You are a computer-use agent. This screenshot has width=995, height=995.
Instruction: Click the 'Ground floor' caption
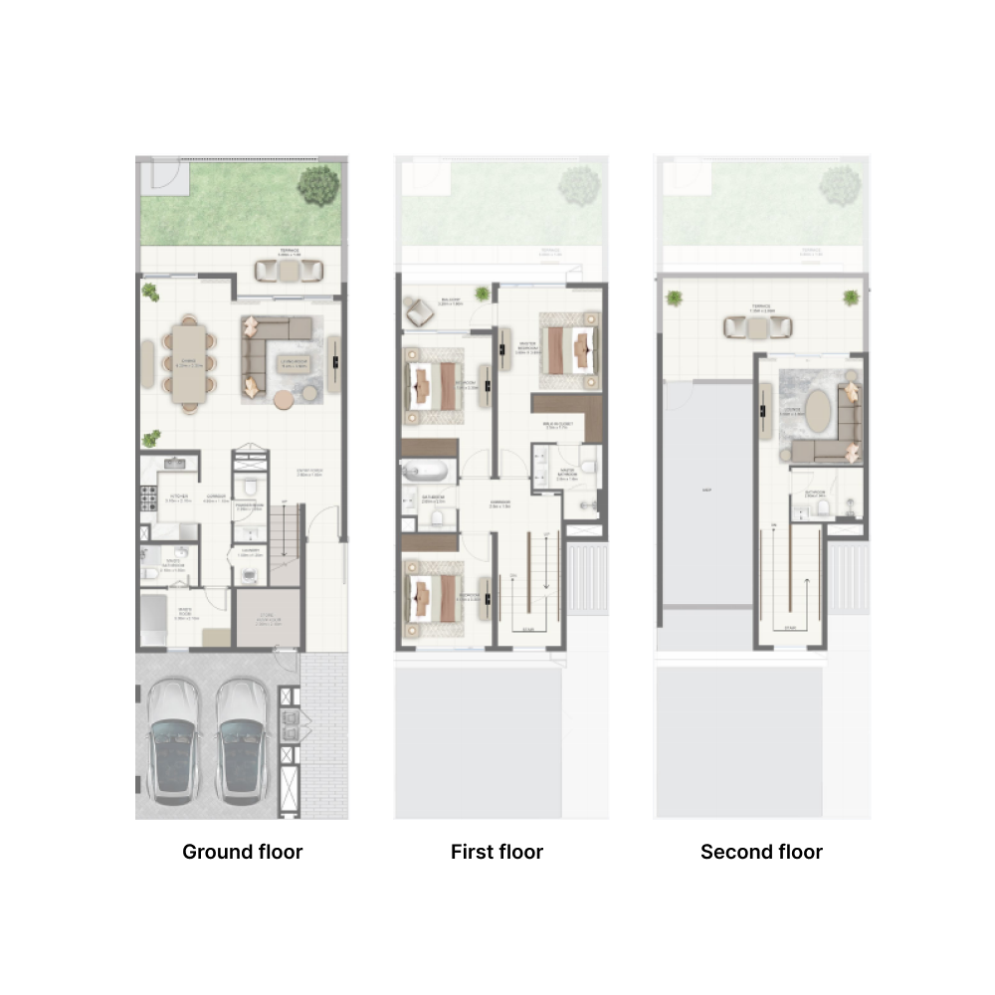tap(242, 852)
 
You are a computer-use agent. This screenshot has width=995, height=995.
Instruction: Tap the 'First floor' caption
tap(497, 852)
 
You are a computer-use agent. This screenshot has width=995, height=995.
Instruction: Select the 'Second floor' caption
tap(761, 852)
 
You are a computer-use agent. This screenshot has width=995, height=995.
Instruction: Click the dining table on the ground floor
tap(188, 362)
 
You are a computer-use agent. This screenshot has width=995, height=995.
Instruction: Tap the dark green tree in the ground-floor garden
tap(318, 186)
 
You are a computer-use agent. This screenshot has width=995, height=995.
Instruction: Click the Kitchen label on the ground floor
tap(179, 495)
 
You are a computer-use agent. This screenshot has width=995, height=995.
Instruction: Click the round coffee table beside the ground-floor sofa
tap(285, 400)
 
